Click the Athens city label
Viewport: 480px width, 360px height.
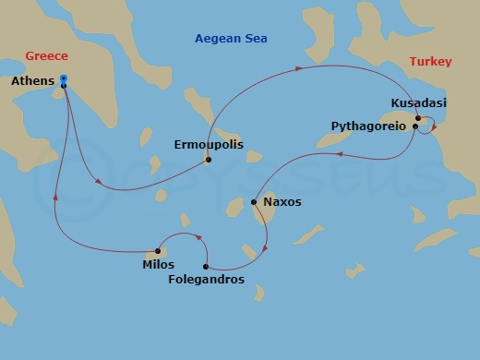pos(31,82)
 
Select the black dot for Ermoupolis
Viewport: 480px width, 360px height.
pos(209,160)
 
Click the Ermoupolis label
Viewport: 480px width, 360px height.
pos(206,144)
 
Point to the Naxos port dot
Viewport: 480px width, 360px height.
pos(254,201)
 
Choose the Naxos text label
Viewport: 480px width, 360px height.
pos(282,201)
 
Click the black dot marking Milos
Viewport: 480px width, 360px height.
pos(159,250)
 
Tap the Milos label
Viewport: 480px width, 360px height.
pos(158,265)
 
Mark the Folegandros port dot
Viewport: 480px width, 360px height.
pos(206,267)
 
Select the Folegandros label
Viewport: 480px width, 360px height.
pos(209,279)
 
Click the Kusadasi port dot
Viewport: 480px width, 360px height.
pos(418,118)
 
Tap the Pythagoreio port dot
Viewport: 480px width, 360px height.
pos(415,126)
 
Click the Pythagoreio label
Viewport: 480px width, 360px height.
pos(368,126)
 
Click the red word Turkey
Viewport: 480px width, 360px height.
pos(430,62)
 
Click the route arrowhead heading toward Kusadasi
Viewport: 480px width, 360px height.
pos(300,68)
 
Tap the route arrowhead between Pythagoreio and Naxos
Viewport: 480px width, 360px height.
pos(340,155)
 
